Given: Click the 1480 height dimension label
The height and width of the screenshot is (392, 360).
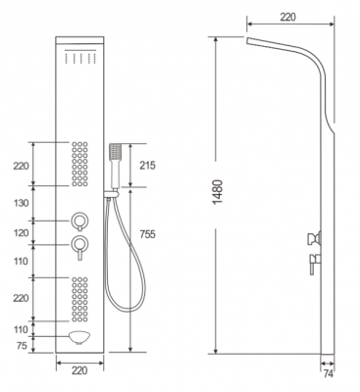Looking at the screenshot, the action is (x=218, y=192).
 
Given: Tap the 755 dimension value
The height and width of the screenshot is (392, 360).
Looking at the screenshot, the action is (x=147, y=234).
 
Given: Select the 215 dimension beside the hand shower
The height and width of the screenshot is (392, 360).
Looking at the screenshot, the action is (x=147, y=166).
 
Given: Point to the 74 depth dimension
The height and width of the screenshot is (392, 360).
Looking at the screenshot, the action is (x=328, y=373).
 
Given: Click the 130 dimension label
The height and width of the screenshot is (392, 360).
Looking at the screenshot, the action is (x=22, y=203).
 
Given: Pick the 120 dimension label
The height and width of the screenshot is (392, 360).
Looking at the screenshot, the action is (x=22, y=233).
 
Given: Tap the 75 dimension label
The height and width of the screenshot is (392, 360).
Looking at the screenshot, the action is (x=22, y=346).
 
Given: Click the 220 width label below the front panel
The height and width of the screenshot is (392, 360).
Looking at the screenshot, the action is (x=79, y=370).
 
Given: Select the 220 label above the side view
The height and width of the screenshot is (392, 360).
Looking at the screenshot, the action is (x=287, y=18).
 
